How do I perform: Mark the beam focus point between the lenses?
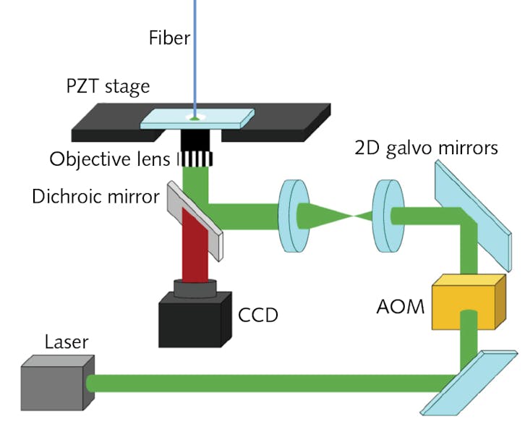(x=351, y=216)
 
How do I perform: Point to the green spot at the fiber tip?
(x=195, y=117)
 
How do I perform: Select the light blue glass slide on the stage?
(x=197, y=119)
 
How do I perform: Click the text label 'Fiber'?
(x=168, y=37)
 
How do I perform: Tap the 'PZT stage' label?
(x=108, y=86)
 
